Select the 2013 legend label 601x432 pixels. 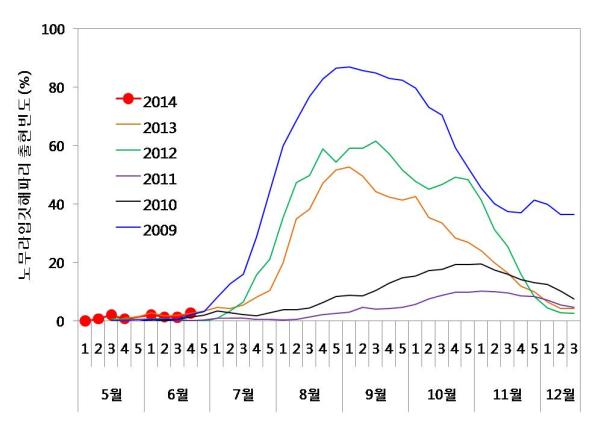pyautogui.click(x=161, y=127)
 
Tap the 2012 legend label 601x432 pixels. pyautogui.click(x=161, y=153)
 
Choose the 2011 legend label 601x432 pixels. pyautogui.click(x=161, y=179)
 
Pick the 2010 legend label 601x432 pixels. pyautogui.click(x=161, y=205)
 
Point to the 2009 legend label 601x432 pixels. pyautogui.click(x=161, y=231)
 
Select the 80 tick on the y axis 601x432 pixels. pyautogui.click(x=56, y=87)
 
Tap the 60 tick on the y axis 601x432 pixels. pyautogui.click(x=56, y=146)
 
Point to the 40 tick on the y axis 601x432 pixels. pyautogui.click(x=56, y=204)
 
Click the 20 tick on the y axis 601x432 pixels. pyautogui.click(x=56, y=262)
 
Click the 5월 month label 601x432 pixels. pyautogui.click(x=111, y=393)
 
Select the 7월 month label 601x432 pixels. pyautogui.click(x=243, y=393)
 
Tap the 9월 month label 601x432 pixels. pyautogui.click(x=375, y=393)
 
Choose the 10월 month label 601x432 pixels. pyautogui.click(x=441, y=393)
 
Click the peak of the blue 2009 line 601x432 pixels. pyautogui.click(x=349, y=67)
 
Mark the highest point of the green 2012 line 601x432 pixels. pyautogui.click(x=375, y=141)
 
